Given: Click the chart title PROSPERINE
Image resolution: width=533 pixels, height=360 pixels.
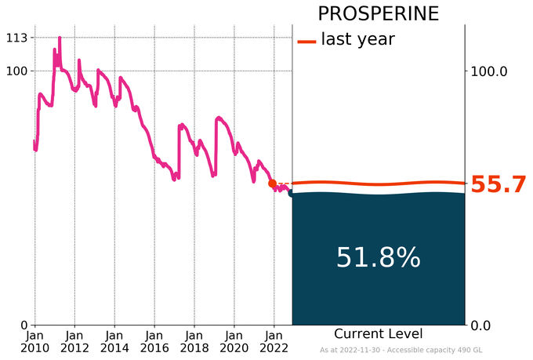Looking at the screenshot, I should click(378, 14).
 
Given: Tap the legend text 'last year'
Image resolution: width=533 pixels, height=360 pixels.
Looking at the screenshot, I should click(357, 39).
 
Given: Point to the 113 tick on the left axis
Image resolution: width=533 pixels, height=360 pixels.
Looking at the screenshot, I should click(17, 38).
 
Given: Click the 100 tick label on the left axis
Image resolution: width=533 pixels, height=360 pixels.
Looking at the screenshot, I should click(17, 71).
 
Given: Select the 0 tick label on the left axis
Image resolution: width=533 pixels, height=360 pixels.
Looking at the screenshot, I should click(24, 325).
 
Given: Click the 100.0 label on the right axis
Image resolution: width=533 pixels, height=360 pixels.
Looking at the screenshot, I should click(490, 71).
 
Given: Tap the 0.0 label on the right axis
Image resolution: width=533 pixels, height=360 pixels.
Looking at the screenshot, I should click(486, 325).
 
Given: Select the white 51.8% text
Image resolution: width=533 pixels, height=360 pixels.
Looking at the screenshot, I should click(378, 257).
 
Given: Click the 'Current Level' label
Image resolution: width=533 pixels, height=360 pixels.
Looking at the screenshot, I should click(378, 333).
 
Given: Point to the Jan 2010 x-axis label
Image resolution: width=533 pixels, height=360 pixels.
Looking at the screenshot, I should click(34, 340).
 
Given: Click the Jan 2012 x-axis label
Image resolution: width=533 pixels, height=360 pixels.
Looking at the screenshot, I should click(74, 340).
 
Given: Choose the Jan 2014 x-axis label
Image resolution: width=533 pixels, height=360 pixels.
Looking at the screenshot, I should click(114, 340).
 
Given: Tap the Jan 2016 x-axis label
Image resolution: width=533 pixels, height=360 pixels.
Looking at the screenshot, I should click(154, 340).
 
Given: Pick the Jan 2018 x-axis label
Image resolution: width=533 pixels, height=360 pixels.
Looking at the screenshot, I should click(194, 340).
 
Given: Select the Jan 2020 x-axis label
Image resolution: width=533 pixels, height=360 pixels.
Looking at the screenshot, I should click(234, 340).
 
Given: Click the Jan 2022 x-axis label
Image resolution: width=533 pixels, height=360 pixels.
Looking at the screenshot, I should click(274, 340).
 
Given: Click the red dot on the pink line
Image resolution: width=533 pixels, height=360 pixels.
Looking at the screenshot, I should click(272, 184).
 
